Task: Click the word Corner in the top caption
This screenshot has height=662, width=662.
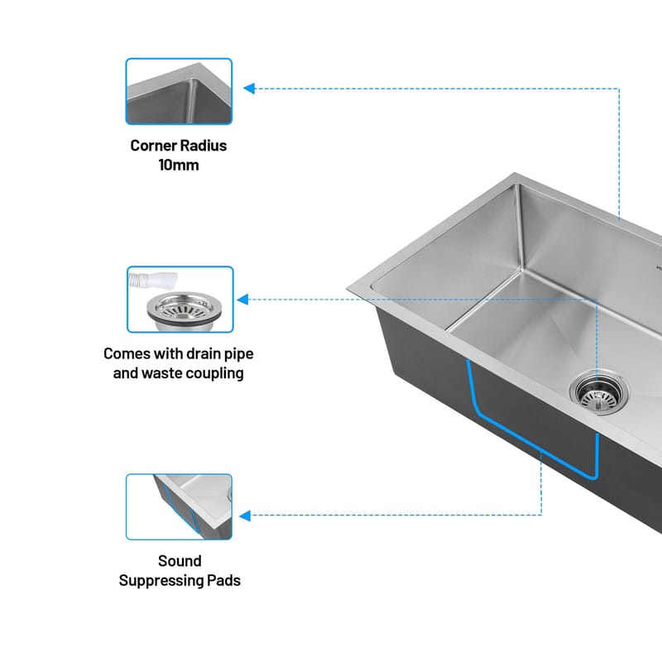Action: (153, 146)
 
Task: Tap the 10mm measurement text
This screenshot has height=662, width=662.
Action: (179, 165)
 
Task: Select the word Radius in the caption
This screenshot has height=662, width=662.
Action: (204, 146)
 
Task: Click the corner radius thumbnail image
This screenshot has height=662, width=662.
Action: (179, 91)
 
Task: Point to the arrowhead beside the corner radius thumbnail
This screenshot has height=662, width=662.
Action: (249, 89)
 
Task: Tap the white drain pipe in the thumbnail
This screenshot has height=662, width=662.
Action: (153, 281)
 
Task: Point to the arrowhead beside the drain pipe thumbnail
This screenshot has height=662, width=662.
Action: (242, 300)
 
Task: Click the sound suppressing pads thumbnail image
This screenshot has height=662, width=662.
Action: (179, 506)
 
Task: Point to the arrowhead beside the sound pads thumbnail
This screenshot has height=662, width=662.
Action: (245, 516)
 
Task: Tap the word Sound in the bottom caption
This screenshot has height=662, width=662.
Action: (180, 561)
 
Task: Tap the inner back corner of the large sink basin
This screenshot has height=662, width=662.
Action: (522, 271)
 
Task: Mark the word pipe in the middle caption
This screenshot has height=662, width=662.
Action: (239, 355)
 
